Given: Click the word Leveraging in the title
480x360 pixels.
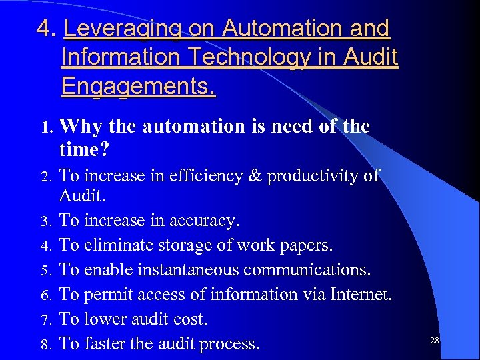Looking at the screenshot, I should pos(121,29).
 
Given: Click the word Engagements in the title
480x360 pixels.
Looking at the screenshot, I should pos(136,87).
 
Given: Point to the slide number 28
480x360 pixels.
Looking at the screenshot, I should pos(435,341).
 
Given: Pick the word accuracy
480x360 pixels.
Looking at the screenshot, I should pos(205,220).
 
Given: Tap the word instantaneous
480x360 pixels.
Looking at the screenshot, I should pos(183,270).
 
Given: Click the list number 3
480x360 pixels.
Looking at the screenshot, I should pos(45,221).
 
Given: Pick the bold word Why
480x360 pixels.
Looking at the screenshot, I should pos(80,127).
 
